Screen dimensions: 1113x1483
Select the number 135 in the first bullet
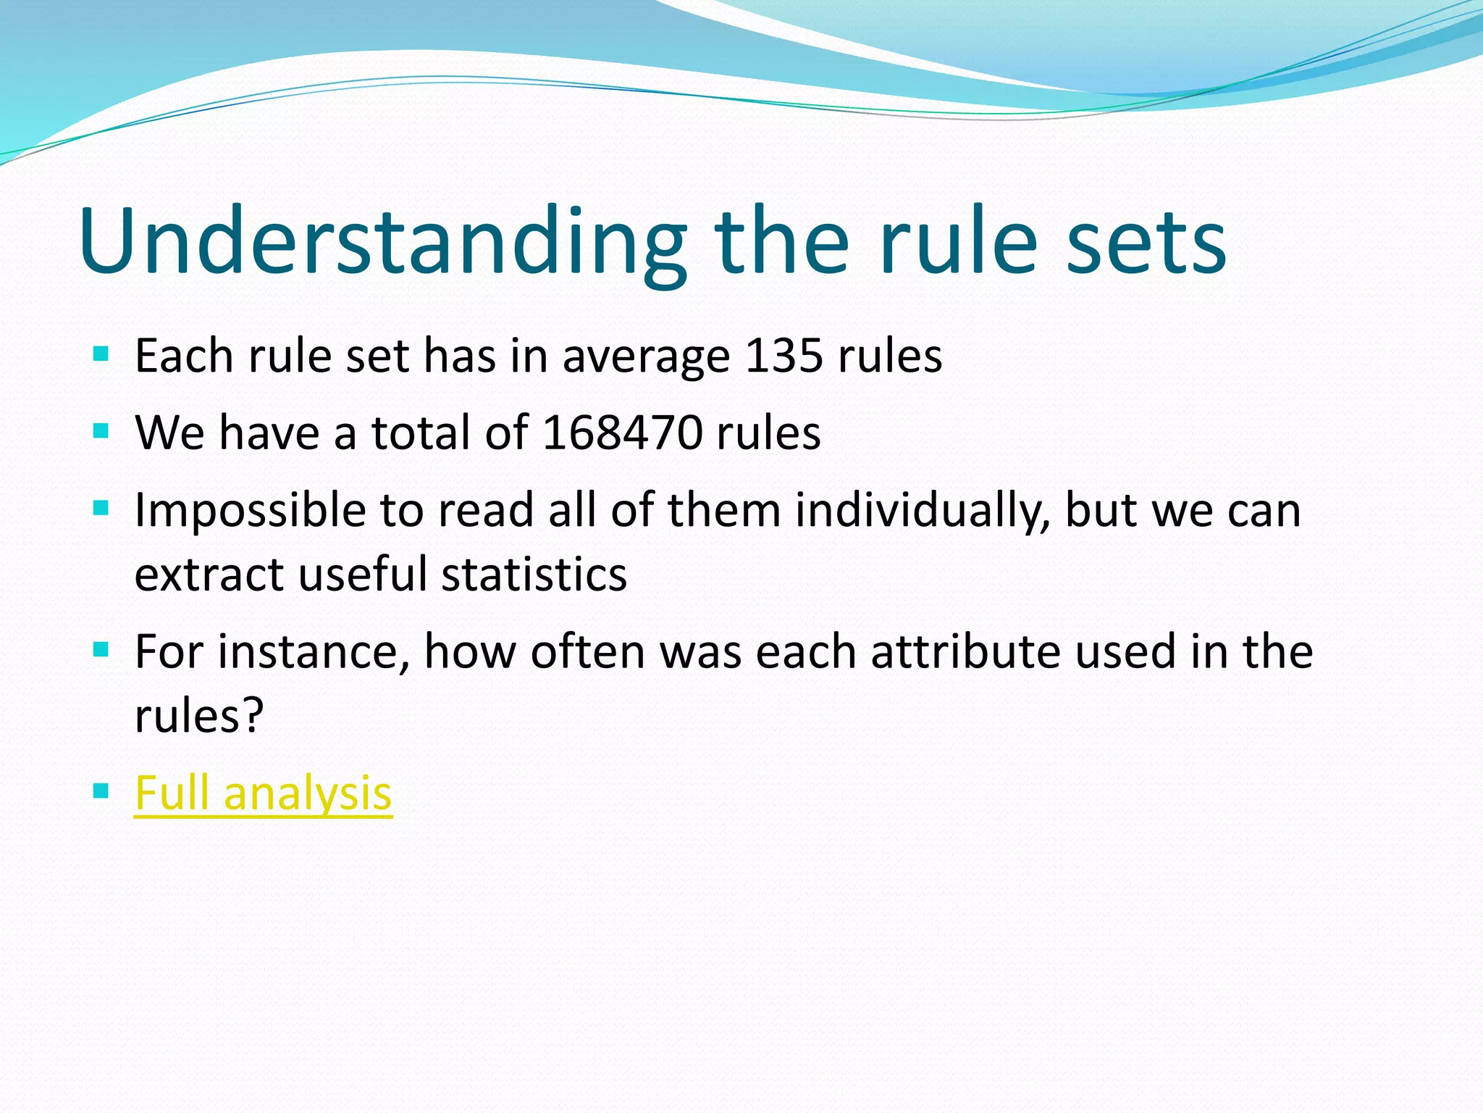click(784, 357)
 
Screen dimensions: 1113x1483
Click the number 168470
click(622, 433)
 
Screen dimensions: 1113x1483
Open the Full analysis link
click(264, 793)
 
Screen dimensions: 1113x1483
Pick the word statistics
click(534, 575)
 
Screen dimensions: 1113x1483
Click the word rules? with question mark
click(199, 716)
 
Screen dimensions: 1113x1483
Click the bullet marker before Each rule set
click(101, 355)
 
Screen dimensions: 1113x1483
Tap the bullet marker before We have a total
click(101, 432)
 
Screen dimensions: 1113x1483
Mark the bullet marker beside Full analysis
click(101, 791)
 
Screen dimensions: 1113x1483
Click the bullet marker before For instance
click(101, 649)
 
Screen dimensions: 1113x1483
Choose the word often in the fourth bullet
click(587, 651)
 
